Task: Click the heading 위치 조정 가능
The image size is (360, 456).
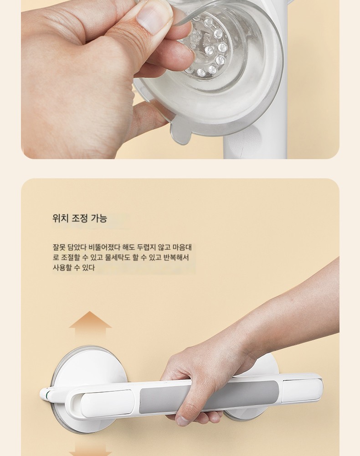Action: click(80, 218)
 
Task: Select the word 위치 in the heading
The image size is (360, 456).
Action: click(60, 218)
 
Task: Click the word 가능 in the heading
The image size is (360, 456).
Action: click(99, 218)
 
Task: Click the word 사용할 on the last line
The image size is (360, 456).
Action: click(62, 268)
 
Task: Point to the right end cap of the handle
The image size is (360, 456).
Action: click(303, 391)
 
